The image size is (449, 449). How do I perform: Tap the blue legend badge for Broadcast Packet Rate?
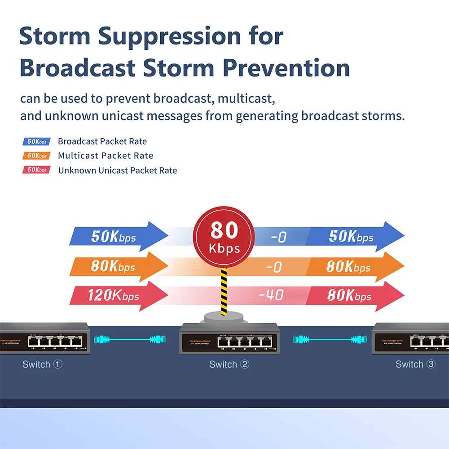tap(36, 141)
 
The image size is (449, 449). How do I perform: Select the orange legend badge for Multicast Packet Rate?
tap(36, 156)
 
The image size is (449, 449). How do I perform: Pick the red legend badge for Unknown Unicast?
tap(36, 170)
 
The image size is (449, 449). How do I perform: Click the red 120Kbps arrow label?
tap(113, 296)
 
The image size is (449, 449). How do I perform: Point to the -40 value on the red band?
tap(271, 295)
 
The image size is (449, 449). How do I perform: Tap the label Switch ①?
tap(42, 364)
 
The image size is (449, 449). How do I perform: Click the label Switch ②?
tap(229, 364)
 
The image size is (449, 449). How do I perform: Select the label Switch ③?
tap(415, 364)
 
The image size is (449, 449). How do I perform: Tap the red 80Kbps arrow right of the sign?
tap(355, 296)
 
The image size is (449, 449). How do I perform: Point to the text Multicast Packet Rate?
tap(106, 156)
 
